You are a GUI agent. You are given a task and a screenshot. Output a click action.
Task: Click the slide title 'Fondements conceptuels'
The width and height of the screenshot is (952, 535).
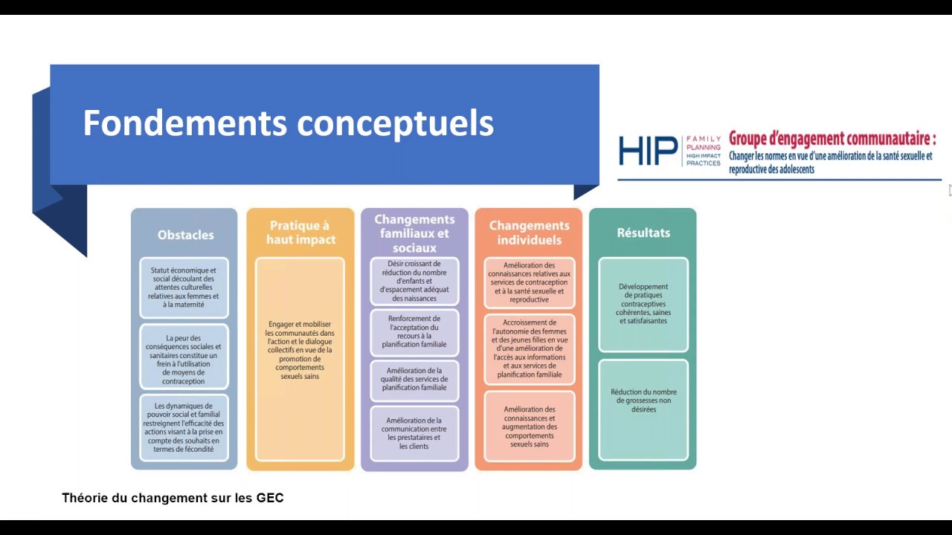288,123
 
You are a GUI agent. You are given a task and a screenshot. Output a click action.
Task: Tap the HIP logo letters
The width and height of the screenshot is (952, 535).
648,151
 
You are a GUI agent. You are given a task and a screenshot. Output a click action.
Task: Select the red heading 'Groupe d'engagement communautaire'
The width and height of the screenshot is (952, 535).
832,139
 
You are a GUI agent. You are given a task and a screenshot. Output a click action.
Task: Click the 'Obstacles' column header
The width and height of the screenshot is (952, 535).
186,235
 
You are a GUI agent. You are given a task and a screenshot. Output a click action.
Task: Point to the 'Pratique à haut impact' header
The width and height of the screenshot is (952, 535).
301,233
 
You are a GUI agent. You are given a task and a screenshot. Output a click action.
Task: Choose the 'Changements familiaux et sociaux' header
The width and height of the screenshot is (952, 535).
414,233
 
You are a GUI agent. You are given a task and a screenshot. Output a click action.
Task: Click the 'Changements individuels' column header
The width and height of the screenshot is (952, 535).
529,233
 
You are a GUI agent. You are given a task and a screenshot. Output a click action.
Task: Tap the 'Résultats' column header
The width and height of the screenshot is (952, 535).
643,233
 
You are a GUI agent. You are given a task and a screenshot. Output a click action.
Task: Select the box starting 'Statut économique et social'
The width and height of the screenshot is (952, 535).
184,288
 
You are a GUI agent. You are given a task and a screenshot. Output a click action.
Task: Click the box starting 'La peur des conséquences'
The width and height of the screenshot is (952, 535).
184,357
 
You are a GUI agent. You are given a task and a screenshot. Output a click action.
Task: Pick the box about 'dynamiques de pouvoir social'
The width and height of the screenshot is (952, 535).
184,427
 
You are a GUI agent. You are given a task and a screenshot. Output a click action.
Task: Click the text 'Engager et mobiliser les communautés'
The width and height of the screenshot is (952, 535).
300,350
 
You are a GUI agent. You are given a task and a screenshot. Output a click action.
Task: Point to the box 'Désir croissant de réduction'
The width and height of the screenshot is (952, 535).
414,281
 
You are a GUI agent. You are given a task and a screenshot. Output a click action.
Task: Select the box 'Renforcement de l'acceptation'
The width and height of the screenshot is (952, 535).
414,331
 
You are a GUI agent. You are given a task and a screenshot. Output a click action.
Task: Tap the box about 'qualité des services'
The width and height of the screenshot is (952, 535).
414,379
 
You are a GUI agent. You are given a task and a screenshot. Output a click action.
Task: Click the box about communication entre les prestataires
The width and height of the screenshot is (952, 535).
414,433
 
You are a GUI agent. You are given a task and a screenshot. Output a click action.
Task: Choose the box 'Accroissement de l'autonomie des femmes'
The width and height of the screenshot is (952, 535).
529,348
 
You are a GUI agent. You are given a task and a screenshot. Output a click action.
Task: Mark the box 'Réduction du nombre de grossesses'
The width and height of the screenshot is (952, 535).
643,409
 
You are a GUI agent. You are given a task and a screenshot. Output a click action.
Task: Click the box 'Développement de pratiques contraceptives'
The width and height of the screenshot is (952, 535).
643,305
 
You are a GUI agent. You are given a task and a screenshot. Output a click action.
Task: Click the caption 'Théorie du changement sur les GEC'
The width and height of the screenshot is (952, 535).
173,498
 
